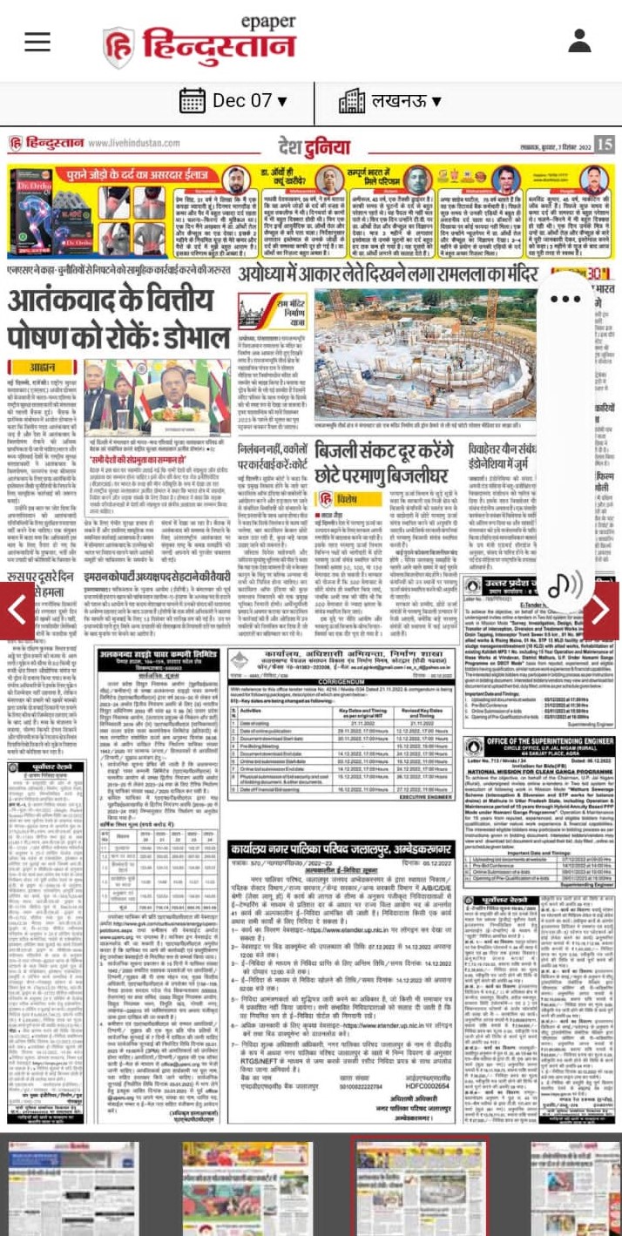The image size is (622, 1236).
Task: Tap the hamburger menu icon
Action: point(37,41)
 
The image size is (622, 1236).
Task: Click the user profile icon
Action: point(580,41)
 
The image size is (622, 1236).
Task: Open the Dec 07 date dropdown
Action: point(233,101)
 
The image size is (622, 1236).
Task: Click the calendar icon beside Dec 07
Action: point(192,101)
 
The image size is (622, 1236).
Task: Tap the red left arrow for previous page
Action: point(17,611)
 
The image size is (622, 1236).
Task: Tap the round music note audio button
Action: point(565,583)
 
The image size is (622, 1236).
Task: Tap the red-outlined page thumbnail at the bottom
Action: point(419,1186)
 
